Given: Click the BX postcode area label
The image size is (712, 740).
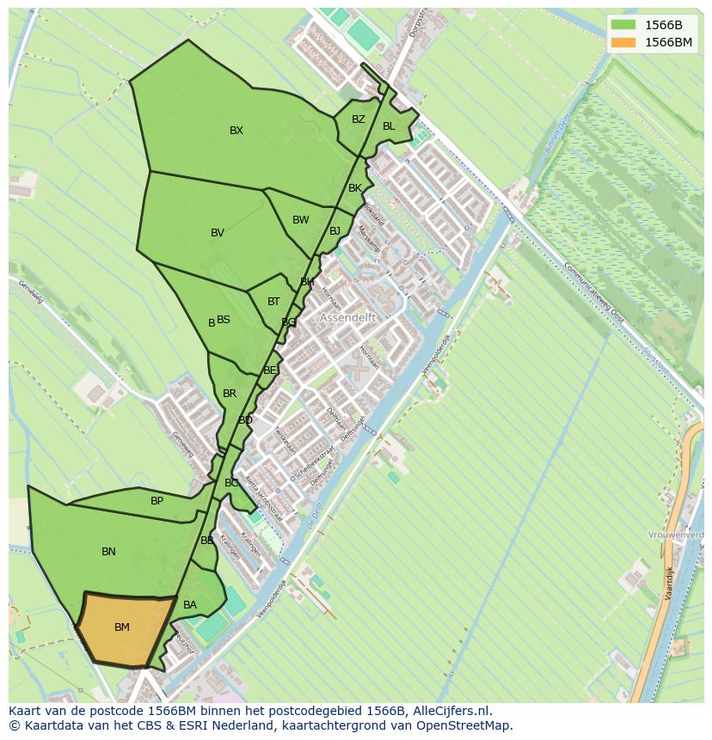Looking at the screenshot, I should click(236, 131).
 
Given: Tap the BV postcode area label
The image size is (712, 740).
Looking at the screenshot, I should click(218, 233).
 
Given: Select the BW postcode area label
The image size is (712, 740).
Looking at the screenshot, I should click(300, 220).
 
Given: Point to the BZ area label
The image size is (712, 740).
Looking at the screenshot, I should click(359, 119).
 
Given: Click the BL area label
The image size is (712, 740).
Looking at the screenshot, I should click(389, 126).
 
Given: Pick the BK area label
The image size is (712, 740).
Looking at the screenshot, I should click(355, 188).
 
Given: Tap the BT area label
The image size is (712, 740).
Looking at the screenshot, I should click(273, 302).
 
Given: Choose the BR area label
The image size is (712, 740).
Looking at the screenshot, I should click(230, 394).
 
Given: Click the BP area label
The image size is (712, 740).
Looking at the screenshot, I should click(157, 501).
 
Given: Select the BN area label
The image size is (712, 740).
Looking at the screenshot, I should click(108, 552).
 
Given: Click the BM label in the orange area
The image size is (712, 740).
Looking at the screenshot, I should click(122, 627).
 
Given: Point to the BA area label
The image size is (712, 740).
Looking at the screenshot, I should click(190, 605).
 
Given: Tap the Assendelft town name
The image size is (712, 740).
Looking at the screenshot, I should click(348, 317).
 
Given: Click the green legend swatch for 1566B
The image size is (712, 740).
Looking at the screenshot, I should click(623, 25).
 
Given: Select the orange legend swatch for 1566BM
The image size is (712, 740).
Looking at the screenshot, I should click(623, 42).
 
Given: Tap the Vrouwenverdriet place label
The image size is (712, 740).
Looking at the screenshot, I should click(678, 535).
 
